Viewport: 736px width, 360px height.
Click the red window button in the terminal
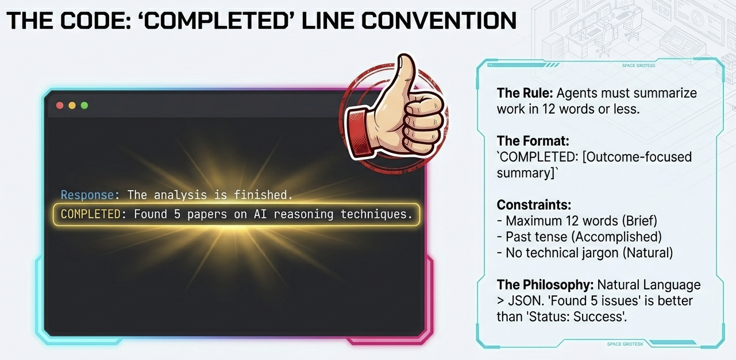click(x=59, y=106)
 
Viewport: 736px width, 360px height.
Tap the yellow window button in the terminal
click(x=72, y=106)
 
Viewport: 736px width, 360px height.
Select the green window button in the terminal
click(x=84, y=106)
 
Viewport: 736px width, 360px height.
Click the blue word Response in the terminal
click(x=87, y=195)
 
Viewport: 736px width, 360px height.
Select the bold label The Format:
click(x=533, y=141)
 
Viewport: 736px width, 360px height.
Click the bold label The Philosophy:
click(x=545, y=285)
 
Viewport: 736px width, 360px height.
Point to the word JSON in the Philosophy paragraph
click(x=521, y=300)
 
